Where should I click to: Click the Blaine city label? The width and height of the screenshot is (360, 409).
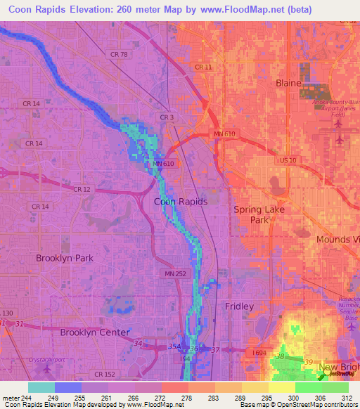point(288,83)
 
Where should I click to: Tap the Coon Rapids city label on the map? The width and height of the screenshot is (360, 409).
point(181,201)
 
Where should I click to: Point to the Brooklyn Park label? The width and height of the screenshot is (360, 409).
point(65,258)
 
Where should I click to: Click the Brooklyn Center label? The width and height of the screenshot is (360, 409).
point(94,332)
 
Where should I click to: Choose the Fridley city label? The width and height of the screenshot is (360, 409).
point(239,306)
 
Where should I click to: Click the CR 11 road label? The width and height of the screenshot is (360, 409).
point(203,67)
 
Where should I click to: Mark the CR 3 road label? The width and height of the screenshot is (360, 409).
point(167,117)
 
